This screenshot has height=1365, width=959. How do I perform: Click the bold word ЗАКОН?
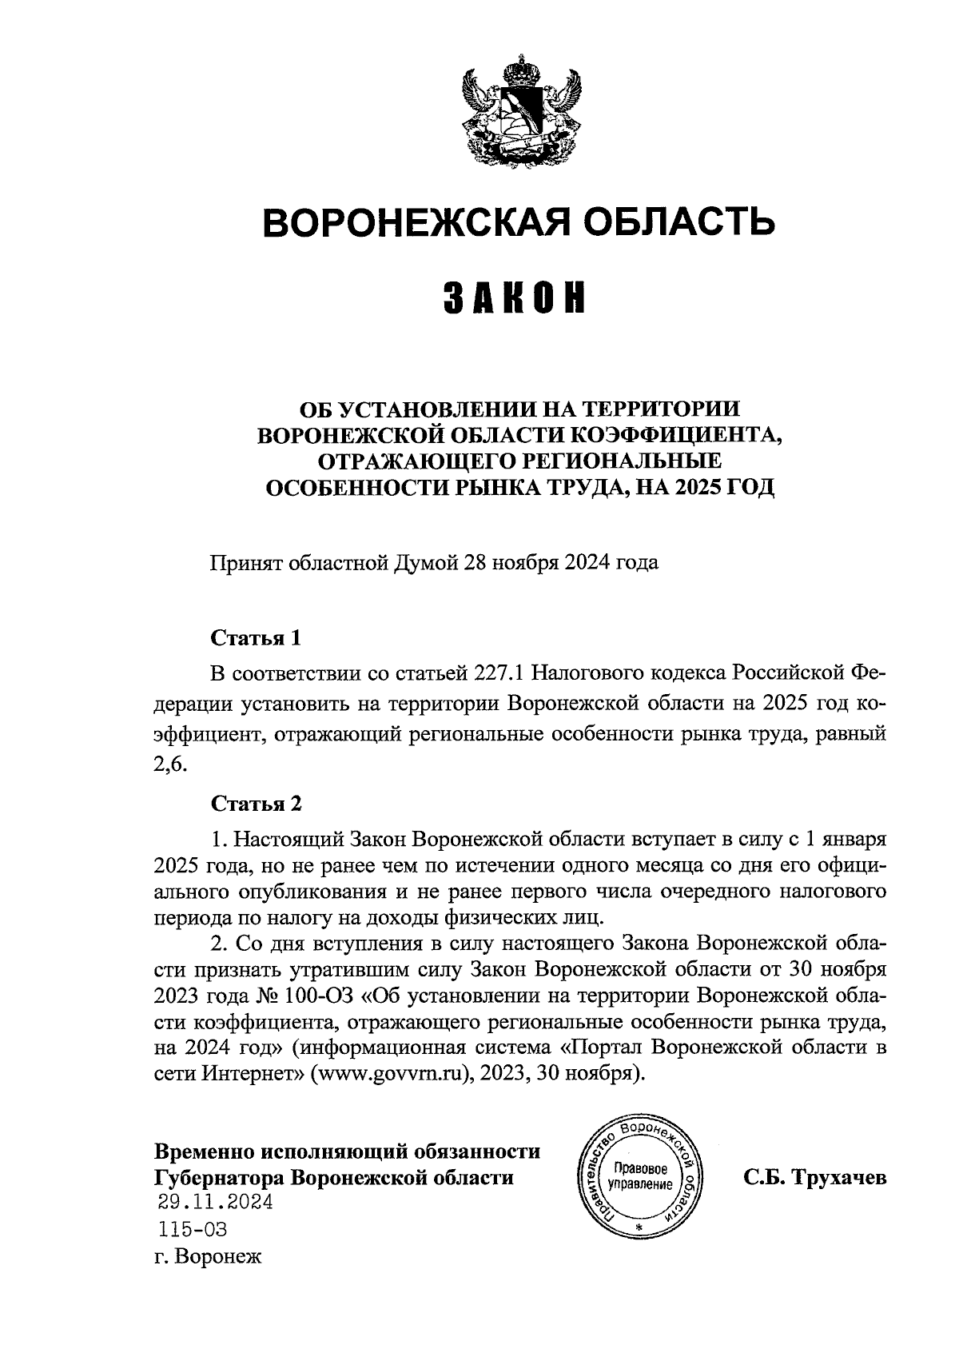[x=515, y=297]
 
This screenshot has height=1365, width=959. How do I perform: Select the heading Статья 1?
[x=256, y=638]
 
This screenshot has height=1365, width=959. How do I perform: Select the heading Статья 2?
[x=256, y=804]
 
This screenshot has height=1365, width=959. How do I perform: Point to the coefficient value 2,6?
[x=169, y=765]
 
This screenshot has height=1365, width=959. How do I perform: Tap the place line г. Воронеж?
[x=209, y=1257]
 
